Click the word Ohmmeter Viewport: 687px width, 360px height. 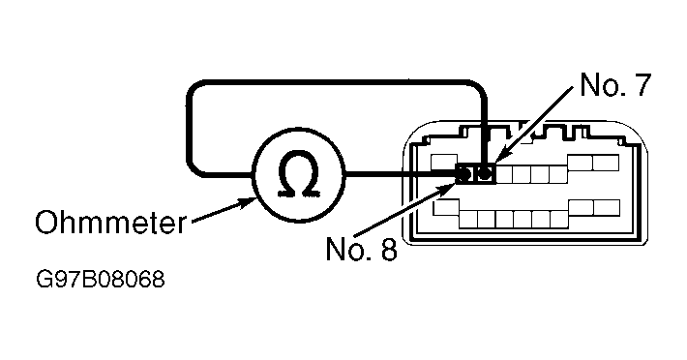point(111,223)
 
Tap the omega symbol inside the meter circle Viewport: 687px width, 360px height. point(298,173)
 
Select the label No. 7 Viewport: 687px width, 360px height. point(615,84)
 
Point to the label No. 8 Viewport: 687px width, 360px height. point(362,249)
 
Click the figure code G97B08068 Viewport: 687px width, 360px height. point(101,280)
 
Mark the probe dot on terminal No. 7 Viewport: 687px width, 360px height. point(484,173)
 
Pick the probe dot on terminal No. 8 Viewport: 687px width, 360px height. point(464,174)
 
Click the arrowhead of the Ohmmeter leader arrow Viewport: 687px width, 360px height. point(246,202)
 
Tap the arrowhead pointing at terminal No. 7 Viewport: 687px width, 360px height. point(502,157)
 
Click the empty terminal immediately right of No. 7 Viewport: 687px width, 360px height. point(504,174)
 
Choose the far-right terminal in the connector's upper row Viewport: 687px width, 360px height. point(607,163)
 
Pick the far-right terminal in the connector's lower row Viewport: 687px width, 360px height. point(607,208)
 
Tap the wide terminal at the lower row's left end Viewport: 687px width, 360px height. point(446,208)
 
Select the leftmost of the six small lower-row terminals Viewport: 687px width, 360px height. point(468,219)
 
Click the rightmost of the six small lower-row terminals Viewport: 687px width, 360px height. point(559,219)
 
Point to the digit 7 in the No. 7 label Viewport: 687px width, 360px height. point(642,84)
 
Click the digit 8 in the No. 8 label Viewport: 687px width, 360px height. point(389,249)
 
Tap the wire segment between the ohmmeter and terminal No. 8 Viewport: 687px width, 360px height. point(401,175)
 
